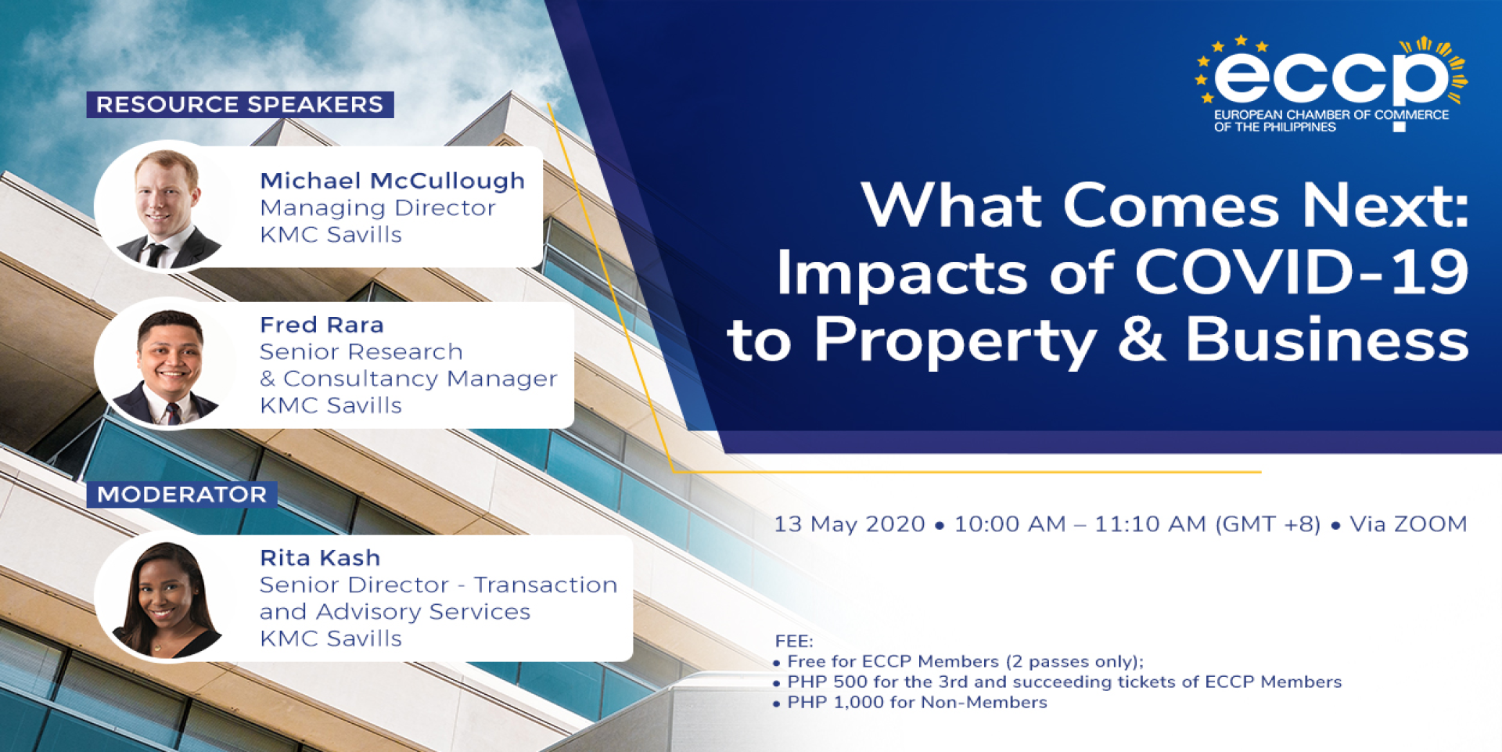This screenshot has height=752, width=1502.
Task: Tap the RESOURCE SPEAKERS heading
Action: pyautogui.click(x=239, y=104)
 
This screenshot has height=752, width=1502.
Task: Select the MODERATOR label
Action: pyautogui.click(x=181, y=495)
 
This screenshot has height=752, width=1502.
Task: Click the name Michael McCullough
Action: pyautogui.click(x=392, y=181)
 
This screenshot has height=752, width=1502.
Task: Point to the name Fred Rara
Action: pyautogui.click(x=322, y=325)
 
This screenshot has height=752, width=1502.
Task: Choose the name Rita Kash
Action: pyautogui.click(x=320, y=558)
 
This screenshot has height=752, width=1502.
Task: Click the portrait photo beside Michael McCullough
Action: pyautogui.click(x=165, y=207)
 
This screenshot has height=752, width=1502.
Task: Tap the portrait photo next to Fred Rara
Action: pyautogui.click(x=165, y=364)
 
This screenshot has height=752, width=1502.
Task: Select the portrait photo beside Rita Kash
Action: pyautogui.click(x=165, y=597)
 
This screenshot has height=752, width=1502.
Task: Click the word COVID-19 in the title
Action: pyautogui.click(x=1302, y=272)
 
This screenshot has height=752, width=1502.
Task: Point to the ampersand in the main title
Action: pyautogui.click(x=1141, y=340)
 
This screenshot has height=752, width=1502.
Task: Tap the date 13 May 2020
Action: pyautogui.click(x=850, y=524)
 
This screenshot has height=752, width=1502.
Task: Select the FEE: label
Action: pyautogui.click(x=794, y=642)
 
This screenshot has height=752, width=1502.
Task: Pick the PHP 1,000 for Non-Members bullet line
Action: pyautogui.click(x=911, y=703)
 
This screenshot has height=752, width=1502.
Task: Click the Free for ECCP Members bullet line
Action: pyautogui.click(x=958, y=662)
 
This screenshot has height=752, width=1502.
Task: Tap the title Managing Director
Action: pyautogui.click(x=377, y=209)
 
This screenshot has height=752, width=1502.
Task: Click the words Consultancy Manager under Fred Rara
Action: pyautogui.click(x=420, y=379)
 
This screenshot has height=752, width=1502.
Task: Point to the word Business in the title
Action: pyautogui.click(x=1328, y=340)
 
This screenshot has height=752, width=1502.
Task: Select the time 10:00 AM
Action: pyautogui.click(x=1010, y=524)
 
